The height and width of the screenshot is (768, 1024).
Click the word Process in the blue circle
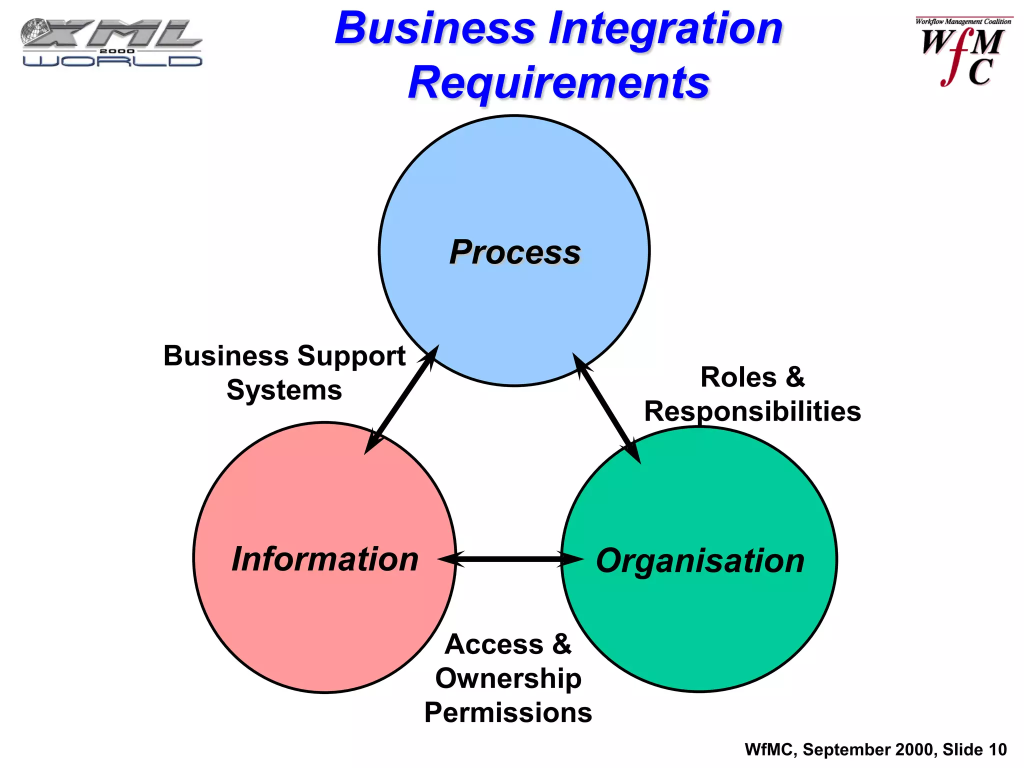click(515, 252)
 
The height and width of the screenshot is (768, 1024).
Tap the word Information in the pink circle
click(325, 559)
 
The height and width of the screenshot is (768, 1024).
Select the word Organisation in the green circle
click(700, 560)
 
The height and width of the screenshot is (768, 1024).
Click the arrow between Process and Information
click(401, 399)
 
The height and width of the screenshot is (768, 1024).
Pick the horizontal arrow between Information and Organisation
click(510, 559)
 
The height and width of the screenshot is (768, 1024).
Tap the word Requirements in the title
click(559, 83)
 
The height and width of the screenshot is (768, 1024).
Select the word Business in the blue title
click(435, 28)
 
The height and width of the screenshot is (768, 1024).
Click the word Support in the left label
click(351, 356)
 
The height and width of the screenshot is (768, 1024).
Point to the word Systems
click(284, 390)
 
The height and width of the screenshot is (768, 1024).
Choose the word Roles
click(738, 377)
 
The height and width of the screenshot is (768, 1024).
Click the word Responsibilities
click(752, 411)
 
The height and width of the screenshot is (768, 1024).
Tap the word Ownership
click(508, 679)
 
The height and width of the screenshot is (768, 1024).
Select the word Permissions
click(508, 712)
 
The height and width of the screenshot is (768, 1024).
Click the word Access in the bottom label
click(493, 644)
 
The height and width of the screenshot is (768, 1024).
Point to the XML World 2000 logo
click(111, 42)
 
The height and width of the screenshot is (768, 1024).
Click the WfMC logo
click(962, 52)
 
